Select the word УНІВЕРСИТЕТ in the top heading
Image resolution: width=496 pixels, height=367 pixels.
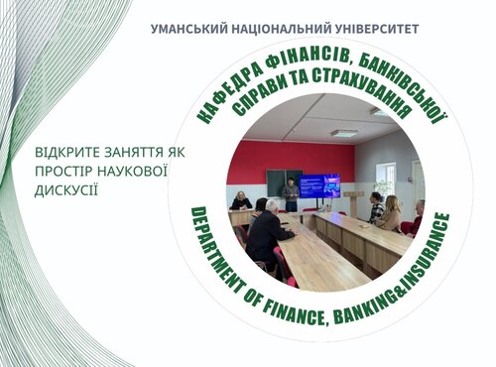click(376, 29)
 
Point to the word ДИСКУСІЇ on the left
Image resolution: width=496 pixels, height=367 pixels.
click(67, 188)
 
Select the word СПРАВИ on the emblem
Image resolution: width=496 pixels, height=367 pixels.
click(266, 96)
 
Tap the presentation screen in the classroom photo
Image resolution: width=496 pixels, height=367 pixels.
click(319, 185)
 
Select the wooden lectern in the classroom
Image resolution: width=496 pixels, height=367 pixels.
click(353, 202)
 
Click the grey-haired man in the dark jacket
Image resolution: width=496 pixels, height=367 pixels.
click(267, 233)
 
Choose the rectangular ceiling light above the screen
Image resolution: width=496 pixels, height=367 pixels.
click(343, 132)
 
